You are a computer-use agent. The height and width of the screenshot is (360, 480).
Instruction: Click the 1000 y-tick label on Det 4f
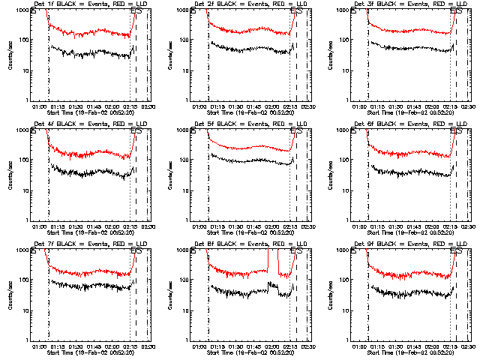(22, 130)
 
